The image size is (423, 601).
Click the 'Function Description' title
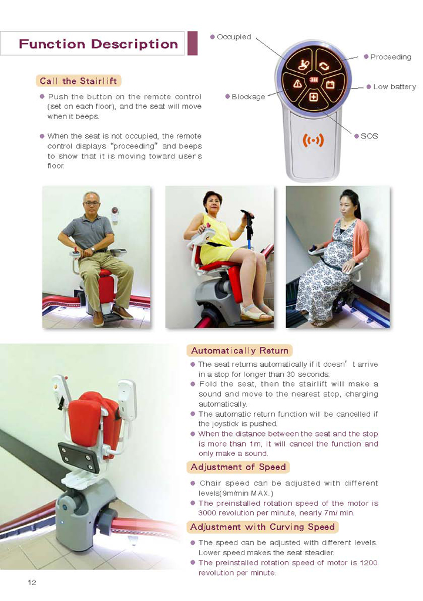point(98,44)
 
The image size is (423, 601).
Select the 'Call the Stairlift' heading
point(78,81)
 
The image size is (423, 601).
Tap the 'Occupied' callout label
point(234,37)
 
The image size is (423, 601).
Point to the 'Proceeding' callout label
point(390,57)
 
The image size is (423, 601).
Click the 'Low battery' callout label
point(394,87)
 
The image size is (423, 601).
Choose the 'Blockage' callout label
point(248,97)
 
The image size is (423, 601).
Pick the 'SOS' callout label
point(370,136)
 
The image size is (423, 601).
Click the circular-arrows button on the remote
point(324,66)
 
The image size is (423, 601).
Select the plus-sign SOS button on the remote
point(314,97)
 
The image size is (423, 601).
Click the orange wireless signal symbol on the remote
point(313,141)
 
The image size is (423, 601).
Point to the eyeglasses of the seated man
point(92,204)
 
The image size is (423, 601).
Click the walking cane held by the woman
point(249,230)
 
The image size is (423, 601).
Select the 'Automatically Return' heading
point(240,351)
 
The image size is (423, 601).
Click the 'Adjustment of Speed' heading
point(238,467)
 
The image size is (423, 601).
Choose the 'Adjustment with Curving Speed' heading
point(263,527)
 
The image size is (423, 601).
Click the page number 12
point(32,583)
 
